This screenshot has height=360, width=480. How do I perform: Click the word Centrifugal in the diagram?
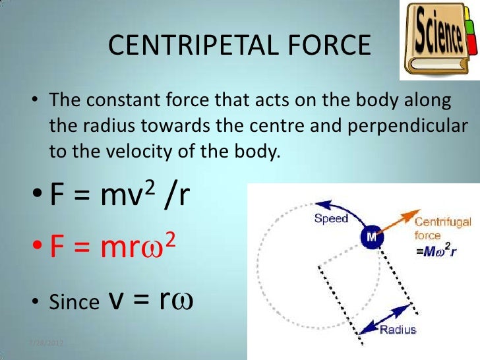click(442, 222)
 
